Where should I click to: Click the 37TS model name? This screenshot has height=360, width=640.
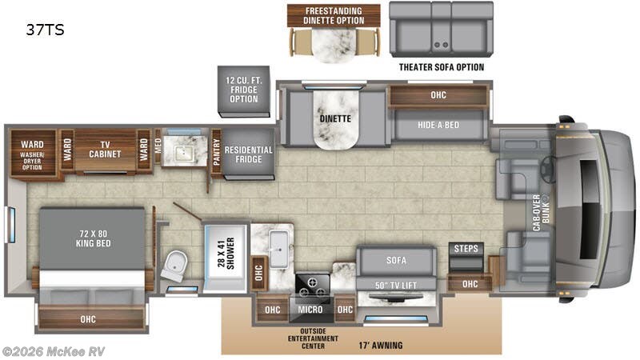click(45, 31)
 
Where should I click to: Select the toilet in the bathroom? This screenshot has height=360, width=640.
click(174, 266)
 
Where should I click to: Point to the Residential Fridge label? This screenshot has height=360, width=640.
click(248, 154)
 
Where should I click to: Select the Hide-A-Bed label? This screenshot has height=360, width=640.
click(438, 125)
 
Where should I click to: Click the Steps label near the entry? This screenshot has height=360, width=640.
click(466, 249)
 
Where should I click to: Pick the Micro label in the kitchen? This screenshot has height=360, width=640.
click(310, 310)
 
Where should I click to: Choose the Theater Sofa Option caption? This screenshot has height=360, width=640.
click(442, 67)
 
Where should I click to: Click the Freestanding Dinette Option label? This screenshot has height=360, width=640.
click(333, 14)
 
